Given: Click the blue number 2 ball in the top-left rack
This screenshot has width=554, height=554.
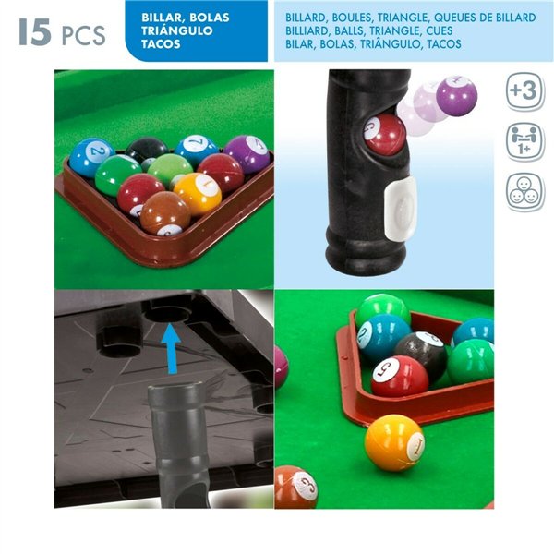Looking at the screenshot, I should point(90,156).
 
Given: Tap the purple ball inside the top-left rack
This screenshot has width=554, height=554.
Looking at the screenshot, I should point(247,153).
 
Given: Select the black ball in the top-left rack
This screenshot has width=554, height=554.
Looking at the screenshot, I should point(147,151).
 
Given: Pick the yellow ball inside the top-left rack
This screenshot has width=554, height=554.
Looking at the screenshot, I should point(198,192).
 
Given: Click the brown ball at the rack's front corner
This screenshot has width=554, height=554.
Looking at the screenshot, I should point(166,213).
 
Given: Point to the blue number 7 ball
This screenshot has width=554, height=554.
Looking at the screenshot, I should point(197,150).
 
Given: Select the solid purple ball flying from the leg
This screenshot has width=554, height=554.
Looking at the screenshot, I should point(455,96).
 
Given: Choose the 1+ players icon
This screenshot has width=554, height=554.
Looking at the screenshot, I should point(524,141).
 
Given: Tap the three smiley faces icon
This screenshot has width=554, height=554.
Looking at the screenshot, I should point(524,192).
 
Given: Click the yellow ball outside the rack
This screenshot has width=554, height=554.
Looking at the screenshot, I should point(394,442).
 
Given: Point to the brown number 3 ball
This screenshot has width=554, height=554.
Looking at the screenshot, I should point(295,488).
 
